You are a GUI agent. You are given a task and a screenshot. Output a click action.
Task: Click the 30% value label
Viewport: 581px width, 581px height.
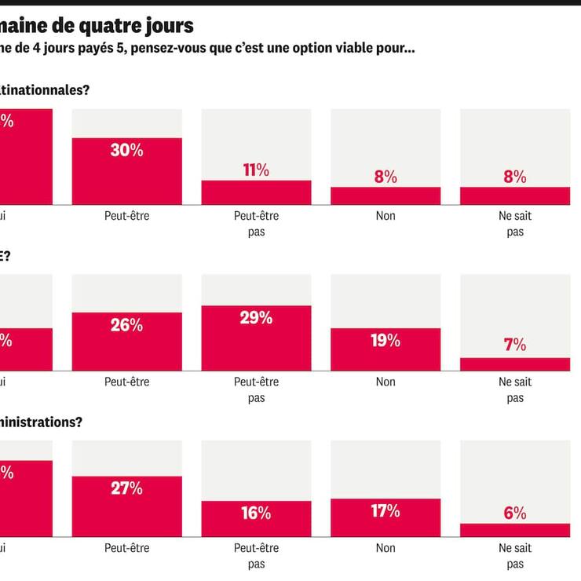(126, 151)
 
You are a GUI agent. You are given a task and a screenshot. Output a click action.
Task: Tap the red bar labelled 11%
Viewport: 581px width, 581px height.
(256, 193)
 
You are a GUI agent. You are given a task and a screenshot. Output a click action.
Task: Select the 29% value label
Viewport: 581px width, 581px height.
(256, 318)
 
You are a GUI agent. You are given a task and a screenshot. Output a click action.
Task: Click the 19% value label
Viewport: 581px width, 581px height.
(386, 341)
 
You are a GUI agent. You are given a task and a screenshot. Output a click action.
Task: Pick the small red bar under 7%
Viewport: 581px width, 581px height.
(515, 364)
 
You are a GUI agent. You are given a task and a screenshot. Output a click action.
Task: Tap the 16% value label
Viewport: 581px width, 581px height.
(256, 513)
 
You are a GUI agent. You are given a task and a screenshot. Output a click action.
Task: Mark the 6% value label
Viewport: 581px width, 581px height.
(515, 513)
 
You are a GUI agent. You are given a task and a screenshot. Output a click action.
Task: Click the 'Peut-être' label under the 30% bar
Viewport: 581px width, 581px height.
(126, 216)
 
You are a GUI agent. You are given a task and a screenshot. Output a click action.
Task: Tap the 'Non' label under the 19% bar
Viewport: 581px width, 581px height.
(386, 382)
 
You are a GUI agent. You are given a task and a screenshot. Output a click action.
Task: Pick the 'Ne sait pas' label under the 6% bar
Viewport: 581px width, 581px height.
(515, 555)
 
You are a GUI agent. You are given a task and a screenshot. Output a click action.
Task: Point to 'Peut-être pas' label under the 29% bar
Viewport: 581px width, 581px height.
(256, 389)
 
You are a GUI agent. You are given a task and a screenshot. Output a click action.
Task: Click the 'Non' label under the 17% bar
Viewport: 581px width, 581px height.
(386, 547)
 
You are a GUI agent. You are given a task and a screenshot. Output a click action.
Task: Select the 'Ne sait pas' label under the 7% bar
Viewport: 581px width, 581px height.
(515, 389)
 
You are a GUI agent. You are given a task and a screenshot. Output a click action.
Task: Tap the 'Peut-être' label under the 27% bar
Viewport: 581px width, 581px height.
(126, 547)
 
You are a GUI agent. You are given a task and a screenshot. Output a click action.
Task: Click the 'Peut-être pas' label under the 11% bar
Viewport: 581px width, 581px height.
(256, 224)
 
